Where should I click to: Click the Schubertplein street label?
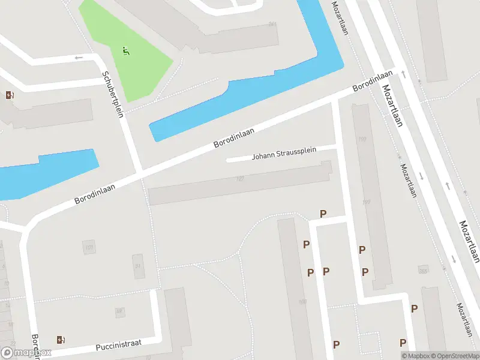tap(112, 95)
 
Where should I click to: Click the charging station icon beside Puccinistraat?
tap(61, 340)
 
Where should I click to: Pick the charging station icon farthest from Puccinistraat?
tap(10, 95)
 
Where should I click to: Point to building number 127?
tap(240, 179)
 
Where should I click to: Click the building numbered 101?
tap(89, 247)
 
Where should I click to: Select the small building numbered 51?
tap(139, 266)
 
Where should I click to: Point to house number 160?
tap(302, 302)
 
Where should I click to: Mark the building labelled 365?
tap(424, 271)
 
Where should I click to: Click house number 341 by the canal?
tap(272, 25)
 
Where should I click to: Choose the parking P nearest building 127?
tap(323, 214)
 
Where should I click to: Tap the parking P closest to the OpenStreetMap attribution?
tap(403, 343)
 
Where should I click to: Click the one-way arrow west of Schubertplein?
tap(78, 58)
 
